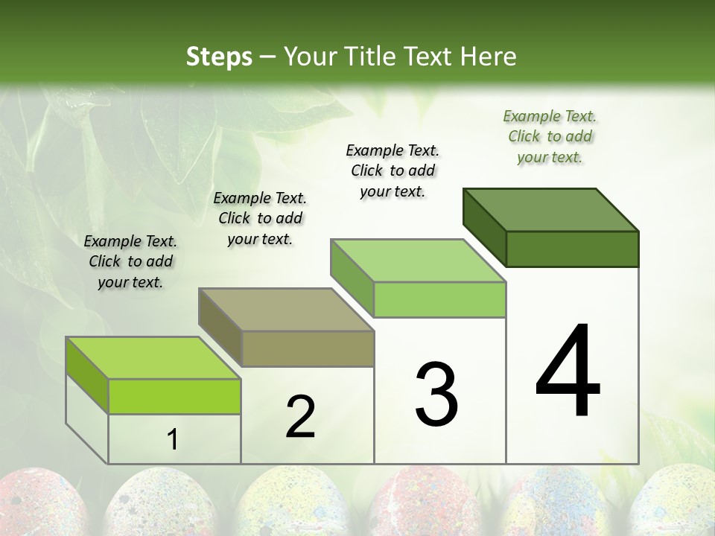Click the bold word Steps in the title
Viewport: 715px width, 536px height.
(218, 57)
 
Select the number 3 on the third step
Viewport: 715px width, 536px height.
(436, 395)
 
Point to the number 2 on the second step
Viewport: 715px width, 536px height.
(301, 417)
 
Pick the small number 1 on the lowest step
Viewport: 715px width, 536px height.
(173, 440)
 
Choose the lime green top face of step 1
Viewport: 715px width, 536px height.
(153, 358)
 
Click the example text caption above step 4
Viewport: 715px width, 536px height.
(550, 136)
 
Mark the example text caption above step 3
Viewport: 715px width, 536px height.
(393, 170)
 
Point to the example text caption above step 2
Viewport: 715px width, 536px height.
(260, 218)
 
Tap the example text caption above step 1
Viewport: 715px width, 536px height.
(130, 261)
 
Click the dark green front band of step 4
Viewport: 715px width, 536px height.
(572, 249)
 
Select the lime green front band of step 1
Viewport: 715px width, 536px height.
(174, 396)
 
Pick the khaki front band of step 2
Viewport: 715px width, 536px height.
(307, 348)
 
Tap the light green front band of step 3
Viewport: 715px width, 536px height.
(439, 299)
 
